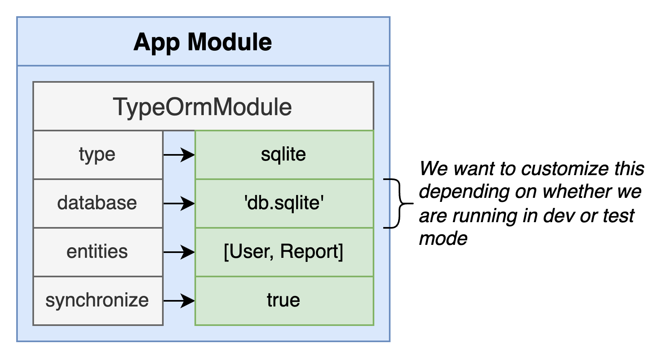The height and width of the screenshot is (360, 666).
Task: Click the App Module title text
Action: point(203,43)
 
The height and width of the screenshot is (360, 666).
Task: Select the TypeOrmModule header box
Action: point(203,106)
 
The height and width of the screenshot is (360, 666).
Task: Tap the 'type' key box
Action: point(98,155)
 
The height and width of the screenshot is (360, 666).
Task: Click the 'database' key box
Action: point(98,204)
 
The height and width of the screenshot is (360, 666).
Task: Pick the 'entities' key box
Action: point(98,252)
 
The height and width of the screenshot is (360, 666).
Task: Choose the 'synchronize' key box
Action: point(98,301)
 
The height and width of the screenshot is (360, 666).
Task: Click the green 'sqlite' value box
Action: point(284,155)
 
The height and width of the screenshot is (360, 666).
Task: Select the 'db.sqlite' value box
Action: point(284,204)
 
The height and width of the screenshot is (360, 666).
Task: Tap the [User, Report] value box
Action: point(284,252)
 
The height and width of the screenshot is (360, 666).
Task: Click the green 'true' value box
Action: point(284,301)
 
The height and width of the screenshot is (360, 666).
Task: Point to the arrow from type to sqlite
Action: point(179,155)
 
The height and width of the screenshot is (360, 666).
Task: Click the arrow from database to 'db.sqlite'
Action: point(179,204)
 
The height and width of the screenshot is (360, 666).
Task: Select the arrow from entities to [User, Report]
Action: point(179,252)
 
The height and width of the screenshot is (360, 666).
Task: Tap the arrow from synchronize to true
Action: point(179,301)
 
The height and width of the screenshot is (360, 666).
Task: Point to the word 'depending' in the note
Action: point(464,192)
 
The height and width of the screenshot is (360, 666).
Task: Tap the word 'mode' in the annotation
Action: point(443,238)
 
